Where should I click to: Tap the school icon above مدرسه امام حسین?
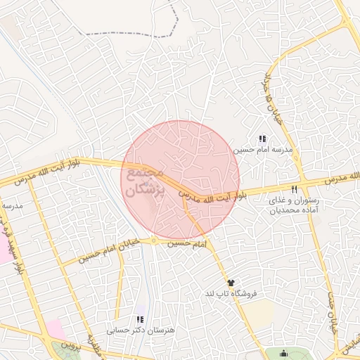pos(262,139)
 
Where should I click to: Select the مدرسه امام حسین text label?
pos(262,150)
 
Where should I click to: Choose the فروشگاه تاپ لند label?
pos(231,293)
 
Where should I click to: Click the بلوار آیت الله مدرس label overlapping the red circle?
pos(212,197)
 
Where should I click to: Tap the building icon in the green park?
pos(283,352)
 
